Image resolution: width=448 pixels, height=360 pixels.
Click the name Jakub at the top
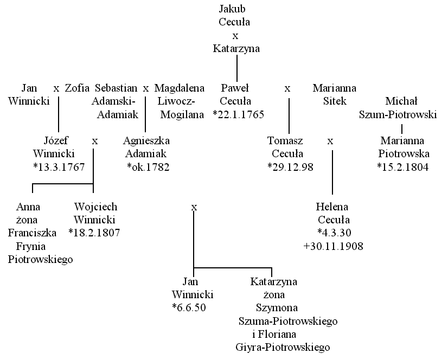click(232, 9)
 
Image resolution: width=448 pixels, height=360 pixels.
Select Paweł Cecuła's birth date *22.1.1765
click(239, 114)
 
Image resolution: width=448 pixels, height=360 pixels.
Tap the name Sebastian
click(116, 88)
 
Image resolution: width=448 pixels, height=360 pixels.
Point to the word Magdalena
click(180, 88)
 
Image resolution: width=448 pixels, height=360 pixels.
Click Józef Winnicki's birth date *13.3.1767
click(59, 167)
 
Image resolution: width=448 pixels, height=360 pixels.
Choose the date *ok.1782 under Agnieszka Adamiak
click(148, 167)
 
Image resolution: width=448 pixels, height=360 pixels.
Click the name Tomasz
click(285, 140)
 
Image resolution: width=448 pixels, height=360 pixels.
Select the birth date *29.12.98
click(290, 167)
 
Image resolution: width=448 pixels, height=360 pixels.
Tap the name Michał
click(401, 101)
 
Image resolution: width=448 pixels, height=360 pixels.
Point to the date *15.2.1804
click(403, 167)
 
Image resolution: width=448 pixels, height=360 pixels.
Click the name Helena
click(332, 207)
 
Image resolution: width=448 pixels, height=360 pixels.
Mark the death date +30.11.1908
click(334, 246)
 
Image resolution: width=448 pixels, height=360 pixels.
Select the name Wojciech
click(95, 207)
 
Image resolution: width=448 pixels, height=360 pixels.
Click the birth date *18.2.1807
click(94, 233)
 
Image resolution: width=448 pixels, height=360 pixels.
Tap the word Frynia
click(31, 246)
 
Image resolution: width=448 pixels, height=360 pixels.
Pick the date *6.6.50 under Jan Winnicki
click(189, 307)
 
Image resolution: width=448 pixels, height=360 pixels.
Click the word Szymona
click(277, 308)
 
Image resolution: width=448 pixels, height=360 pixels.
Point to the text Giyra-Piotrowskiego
click(283, 348)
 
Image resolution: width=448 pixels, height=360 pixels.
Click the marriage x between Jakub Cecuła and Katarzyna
click(235, 36)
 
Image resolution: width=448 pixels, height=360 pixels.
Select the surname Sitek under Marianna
click(335, 101)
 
